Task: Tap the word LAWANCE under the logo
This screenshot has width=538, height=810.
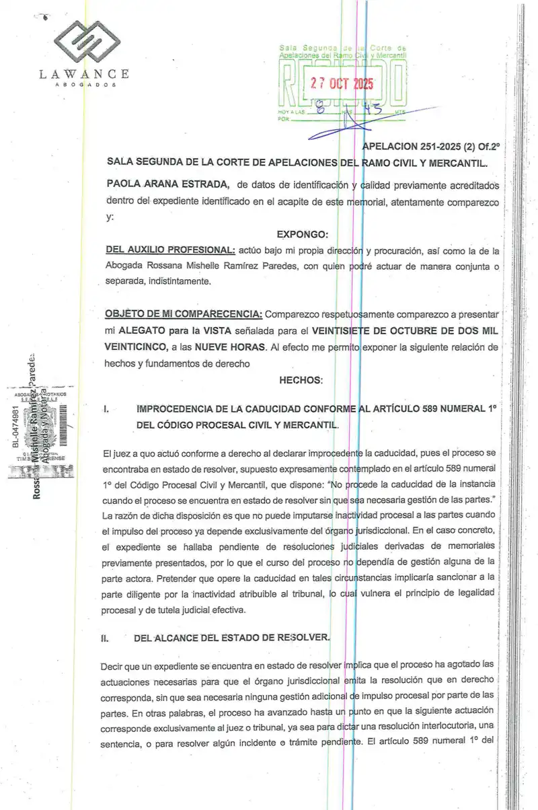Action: [x=84, y=75]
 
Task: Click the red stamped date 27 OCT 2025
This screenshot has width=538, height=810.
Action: [x=341, y=84]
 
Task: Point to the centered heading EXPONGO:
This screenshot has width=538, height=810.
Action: [x=302, y=234]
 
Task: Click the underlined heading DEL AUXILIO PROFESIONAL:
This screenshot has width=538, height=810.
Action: [x=170, y=250]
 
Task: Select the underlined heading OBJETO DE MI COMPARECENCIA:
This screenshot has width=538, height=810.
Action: [x=185, y=315]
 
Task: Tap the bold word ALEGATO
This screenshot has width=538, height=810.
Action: [x=143, y=331]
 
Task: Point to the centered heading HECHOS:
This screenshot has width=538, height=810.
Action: [x=301, y=380]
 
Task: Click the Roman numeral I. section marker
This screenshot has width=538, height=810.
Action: [x=107, y=408]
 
